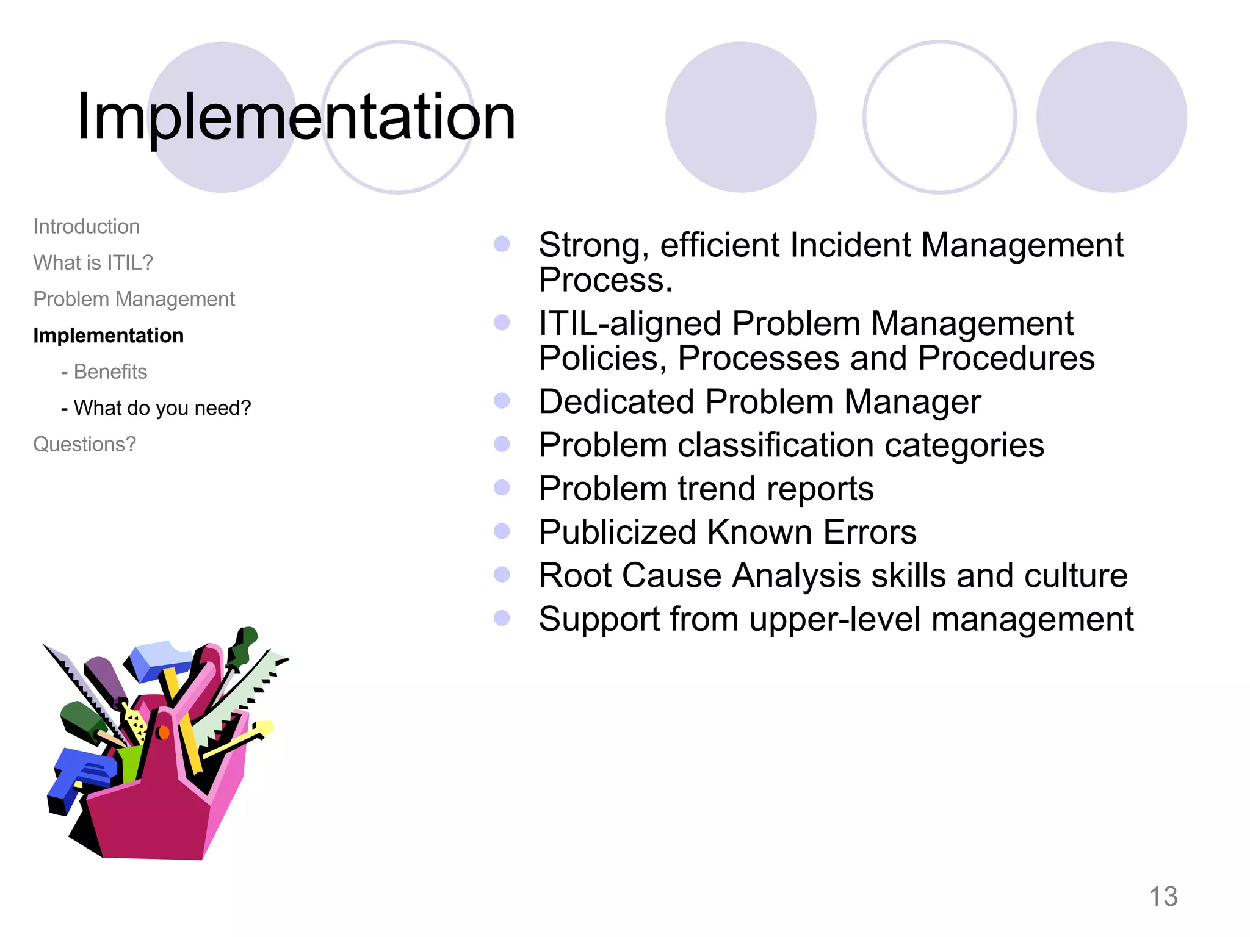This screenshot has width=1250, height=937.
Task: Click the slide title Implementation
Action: point(296,117)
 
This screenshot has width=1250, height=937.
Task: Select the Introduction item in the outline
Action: point(86,227)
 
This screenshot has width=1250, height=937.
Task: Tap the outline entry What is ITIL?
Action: point(93,263)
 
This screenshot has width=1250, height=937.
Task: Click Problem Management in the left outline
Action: point(134,300)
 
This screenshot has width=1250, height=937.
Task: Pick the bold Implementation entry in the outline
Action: point(108,336)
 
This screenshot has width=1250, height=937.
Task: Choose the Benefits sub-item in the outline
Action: point(110,372)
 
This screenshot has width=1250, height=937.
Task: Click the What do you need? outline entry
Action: point(162,408)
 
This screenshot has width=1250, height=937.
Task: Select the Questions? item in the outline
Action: point(84,445)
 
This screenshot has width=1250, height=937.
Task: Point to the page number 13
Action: point(1163,897)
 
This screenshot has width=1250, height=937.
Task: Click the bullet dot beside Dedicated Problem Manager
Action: point(502,401)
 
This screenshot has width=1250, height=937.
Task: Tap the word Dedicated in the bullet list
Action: point(616,402)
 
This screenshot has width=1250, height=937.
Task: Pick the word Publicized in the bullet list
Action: point(616,533)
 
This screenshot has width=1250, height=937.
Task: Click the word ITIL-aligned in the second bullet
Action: point(629,323)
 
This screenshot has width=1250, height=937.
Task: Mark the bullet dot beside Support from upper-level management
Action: point(502,619)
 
